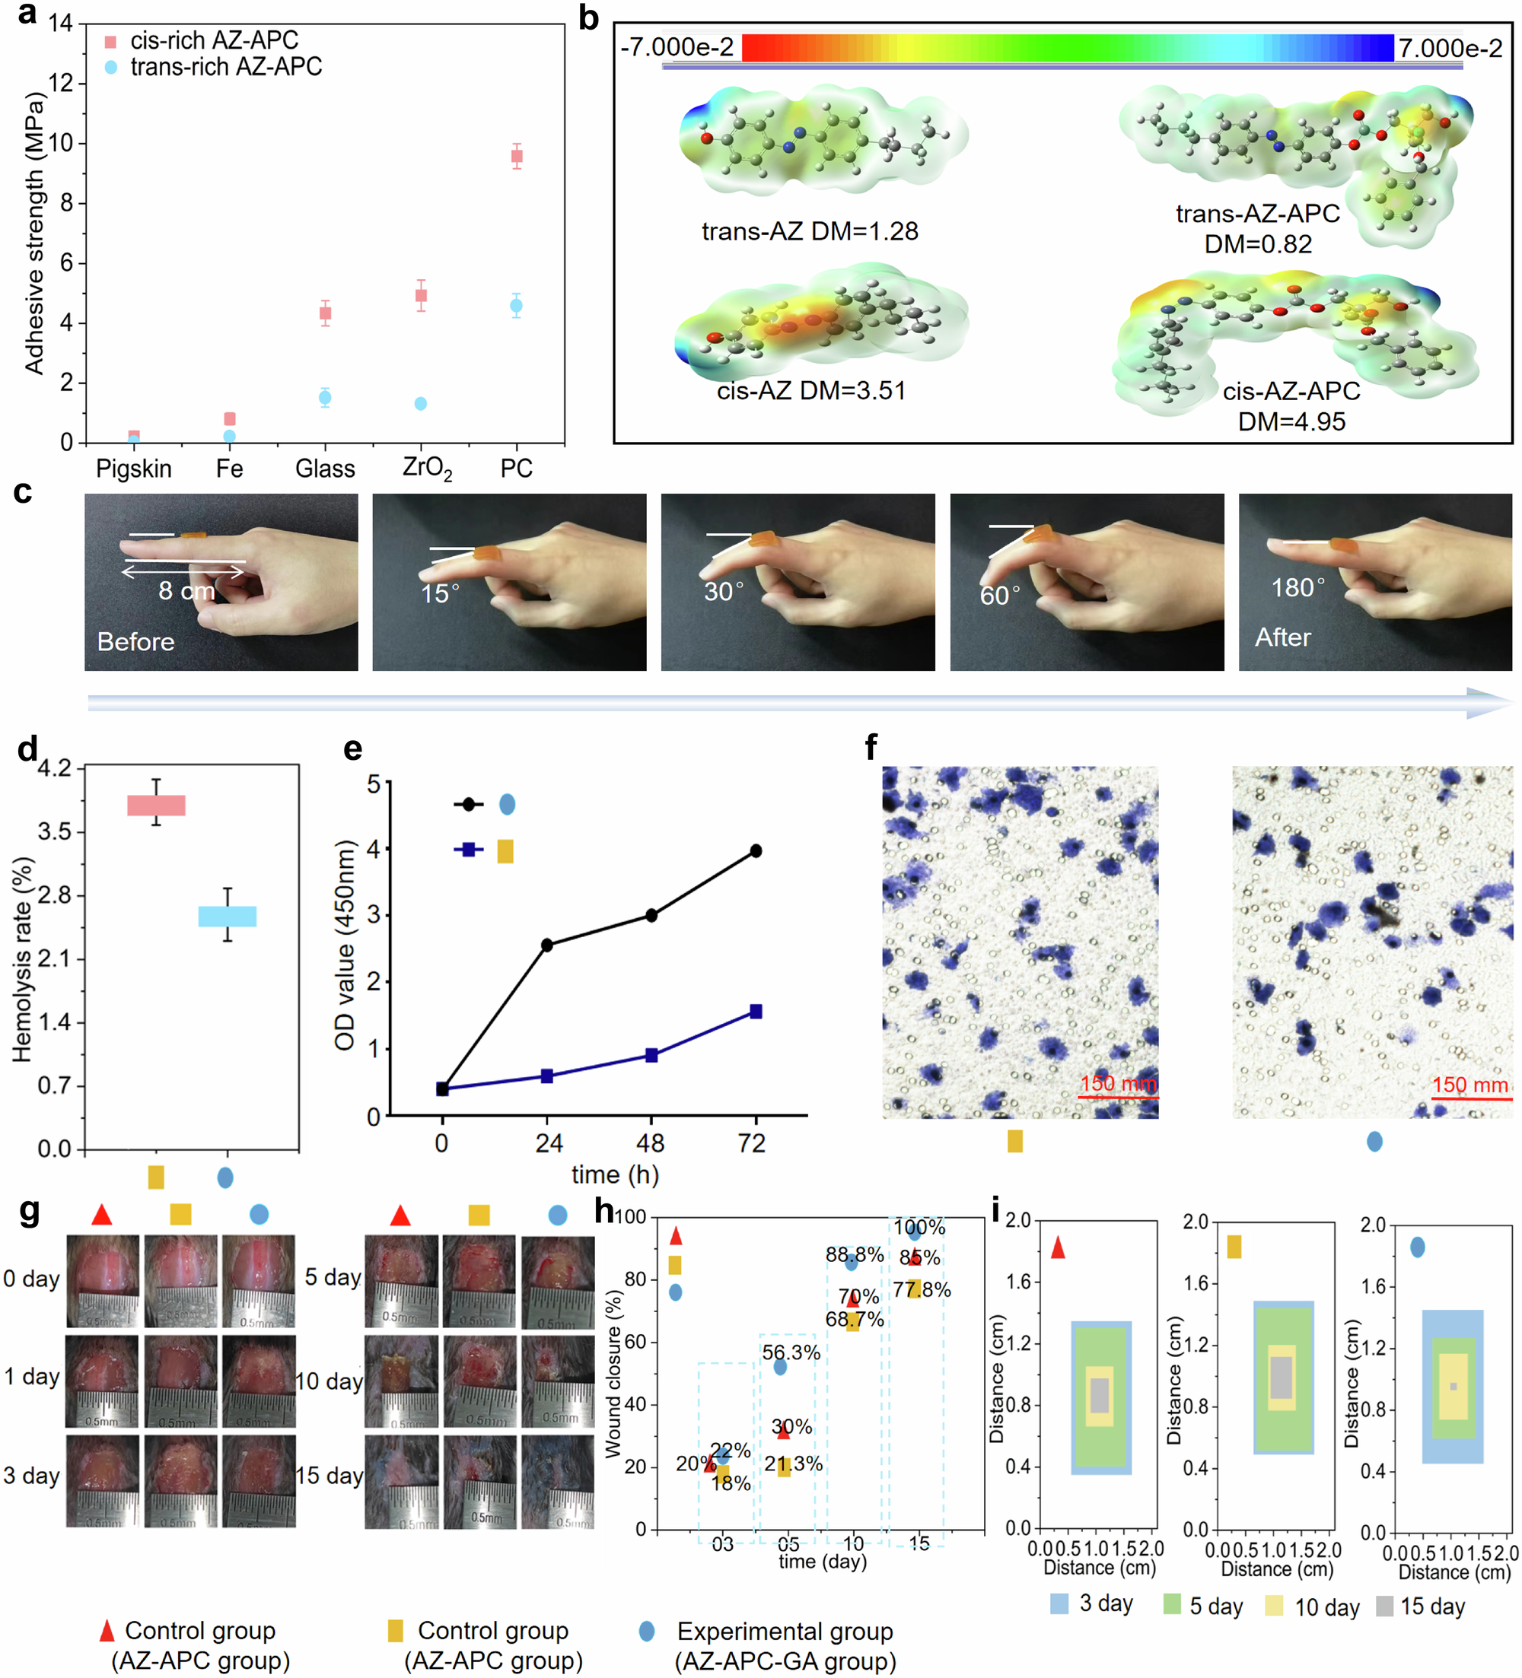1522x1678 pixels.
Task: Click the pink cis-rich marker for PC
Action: point(516,157)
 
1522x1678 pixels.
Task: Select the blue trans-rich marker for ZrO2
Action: point(421,404)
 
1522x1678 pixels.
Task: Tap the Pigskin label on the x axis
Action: point(133,469)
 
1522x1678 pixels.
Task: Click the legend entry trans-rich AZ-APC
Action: point(225,67)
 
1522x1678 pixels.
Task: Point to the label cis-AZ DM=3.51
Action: point(811,390)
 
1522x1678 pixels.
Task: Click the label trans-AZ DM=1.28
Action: point(809,230)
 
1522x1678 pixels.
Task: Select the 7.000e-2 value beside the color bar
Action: point(1450,48)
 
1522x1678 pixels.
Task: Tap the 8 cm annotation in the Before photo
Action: point(186,591)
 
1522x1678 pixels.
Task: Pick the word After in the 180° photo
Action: point(1282,637)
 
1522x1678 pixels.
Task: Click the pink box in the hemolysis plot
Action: point(156,805)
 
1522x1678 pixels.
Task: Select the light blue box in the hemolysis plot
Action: point(228,916)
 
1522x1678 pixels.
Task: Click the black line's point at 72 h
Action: point(755,850)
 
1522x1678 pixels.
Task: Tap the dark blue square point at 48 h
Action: point(651,1056)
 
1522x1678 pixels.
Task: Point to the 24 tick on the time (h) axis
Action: point(548,1143)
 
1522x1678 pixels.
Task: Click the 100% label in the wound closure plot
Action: point(919,1227)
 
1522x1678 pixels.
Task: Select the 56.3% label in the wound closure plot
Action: point(791,1352)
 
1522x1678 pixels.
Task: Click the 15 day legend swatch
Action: point(1384,1606)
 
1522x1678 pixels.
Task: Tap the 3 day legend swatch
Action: point(1059,1604)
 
